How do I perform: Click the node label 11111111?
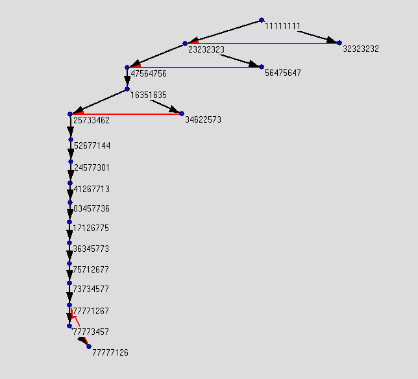tap(282, 27)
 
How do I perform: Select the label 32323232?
tap(361, 49)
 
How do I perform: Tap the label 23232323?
tap(206, 49)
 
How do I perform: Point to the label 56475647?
tap(283, 73)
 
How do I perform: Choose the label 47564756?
tap(149, 74)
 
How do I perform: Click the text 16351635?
tap(149, 95)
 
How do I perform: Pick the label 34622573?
tap(203, 120)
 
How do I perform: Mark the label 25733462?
tap(92, 121)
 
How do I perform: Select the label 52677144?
tap(92, 145)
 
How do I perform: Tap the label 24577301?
tap(92, 167)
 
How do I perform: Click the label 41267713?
tap(92, 189)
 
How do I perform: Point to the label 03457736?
tap(92, 209)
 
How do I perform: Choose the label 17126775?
tap(92, 228)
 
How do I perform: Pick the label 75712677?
tap(92, 270)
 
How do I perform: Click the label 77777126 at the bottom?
tap(110, 353)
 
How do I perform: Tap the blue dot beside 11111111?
tap(262, 20)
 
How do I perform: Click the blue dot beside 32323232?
tap(339, 43)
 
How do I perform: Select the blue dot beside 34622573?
tap(182, 114)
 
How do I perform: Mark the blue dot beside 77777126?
tap(89, 347)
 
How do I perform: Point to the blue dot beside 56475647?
tap(262, 67)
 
